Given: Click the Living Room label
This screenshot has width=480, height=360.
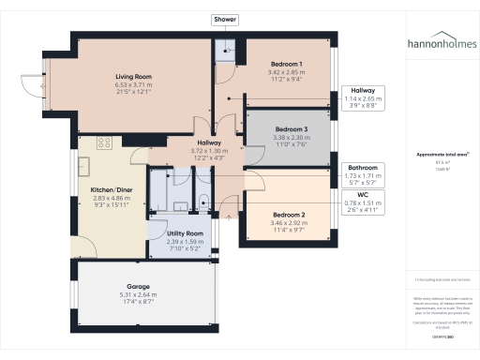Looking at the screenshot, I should pos(134,76).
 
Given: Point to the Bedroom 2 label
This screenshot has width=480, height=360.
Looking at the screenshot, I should pos(289,214).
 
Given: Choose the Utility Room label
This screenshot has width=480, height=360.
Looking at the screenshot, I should pos(185,232).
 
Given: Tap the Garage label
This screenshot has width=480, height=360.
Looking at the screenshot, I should pos(139,286).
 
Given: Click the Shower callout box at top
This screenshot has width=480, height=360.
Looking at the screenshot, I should pos(225,20).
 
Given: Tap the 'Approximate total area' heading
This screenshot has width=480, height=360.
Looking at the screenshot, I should pos(441,154).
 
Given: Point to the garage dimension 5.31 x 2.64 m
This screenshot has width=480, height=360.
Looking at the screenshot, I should pos(139,295).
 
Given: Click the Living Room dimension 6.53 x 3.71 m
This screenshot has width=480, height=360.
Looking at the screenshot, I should pos(134,85).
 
